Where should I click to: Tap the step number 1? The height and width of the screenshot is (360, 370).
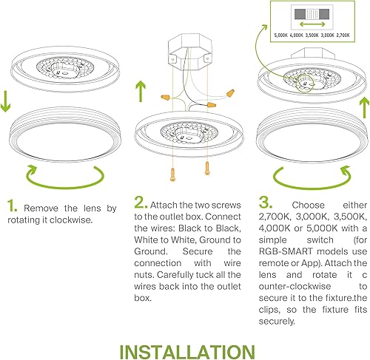tap(12, 186)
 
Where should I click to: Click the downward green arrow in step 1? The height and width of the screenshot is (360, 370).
tap(7, 101)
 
